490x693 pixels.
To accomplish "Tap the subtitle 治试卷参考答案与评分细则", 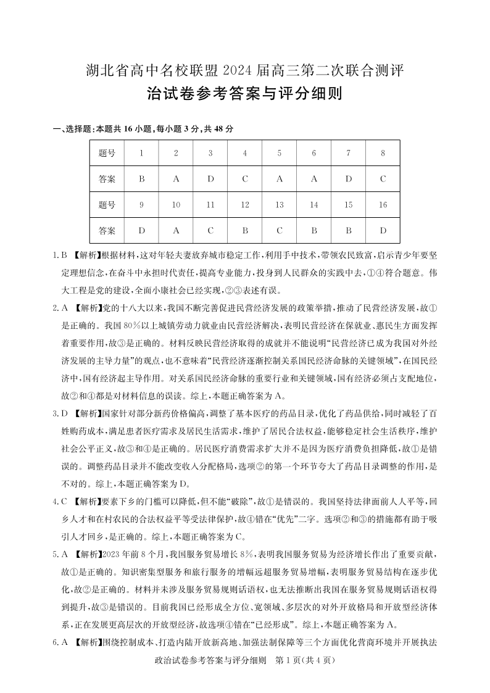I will [x=245, y=94].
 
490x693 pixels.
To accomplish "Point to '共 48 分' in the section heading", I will [x=220, y=128].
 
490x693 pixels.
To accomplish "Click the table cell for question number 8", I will [x=383, y=153].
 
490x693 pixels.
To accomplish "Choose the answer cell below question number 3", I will [x=210, y=179].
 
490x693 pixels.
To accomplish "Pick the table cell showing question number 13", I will [x=280, y=205].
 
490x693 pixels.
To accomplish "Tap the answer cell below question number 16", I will [x=383, y=231].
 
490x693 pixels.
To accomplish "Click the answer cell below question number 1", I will [x=142, y=179].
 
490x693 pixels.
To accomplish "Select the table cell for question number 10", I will [x=176, y=205].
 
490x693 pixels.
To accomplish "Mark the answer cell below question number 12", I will [x=245, y=231].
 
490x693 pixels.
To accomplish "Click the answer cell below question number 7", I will [x=349, y=179].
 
